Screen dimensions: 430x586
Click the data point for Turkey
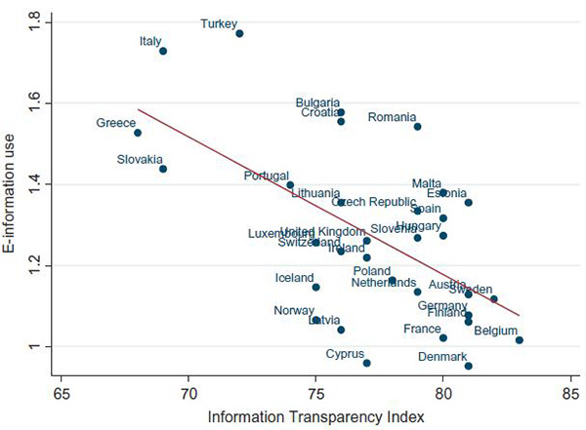coord(239,33)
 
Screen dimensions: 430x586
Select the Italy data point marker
coord(163,51)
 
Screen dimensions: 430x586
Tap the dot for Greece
coord(138,133)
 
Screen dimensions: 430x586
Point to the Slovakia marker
coord(163,169)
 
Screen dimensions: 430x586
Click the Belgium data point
coord(520,340)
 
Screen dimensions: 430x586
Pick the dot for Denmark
coord(469,366)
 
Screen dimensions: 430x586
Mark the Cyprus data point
coord(366,363)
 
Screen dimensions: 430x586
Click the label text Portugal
coord(267,176)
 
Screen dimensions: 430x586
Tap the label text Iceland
coord(294,278)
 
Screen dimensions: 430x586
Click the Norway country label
coord(294,311)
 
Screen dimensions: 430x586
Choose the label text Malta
coord(427,183)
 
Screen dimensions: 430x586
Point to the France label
coord(422,330)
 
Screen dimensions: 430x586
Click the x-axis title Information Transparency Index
coord(314,417)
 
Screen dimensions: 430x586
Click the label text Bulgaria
coord(319,102)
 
